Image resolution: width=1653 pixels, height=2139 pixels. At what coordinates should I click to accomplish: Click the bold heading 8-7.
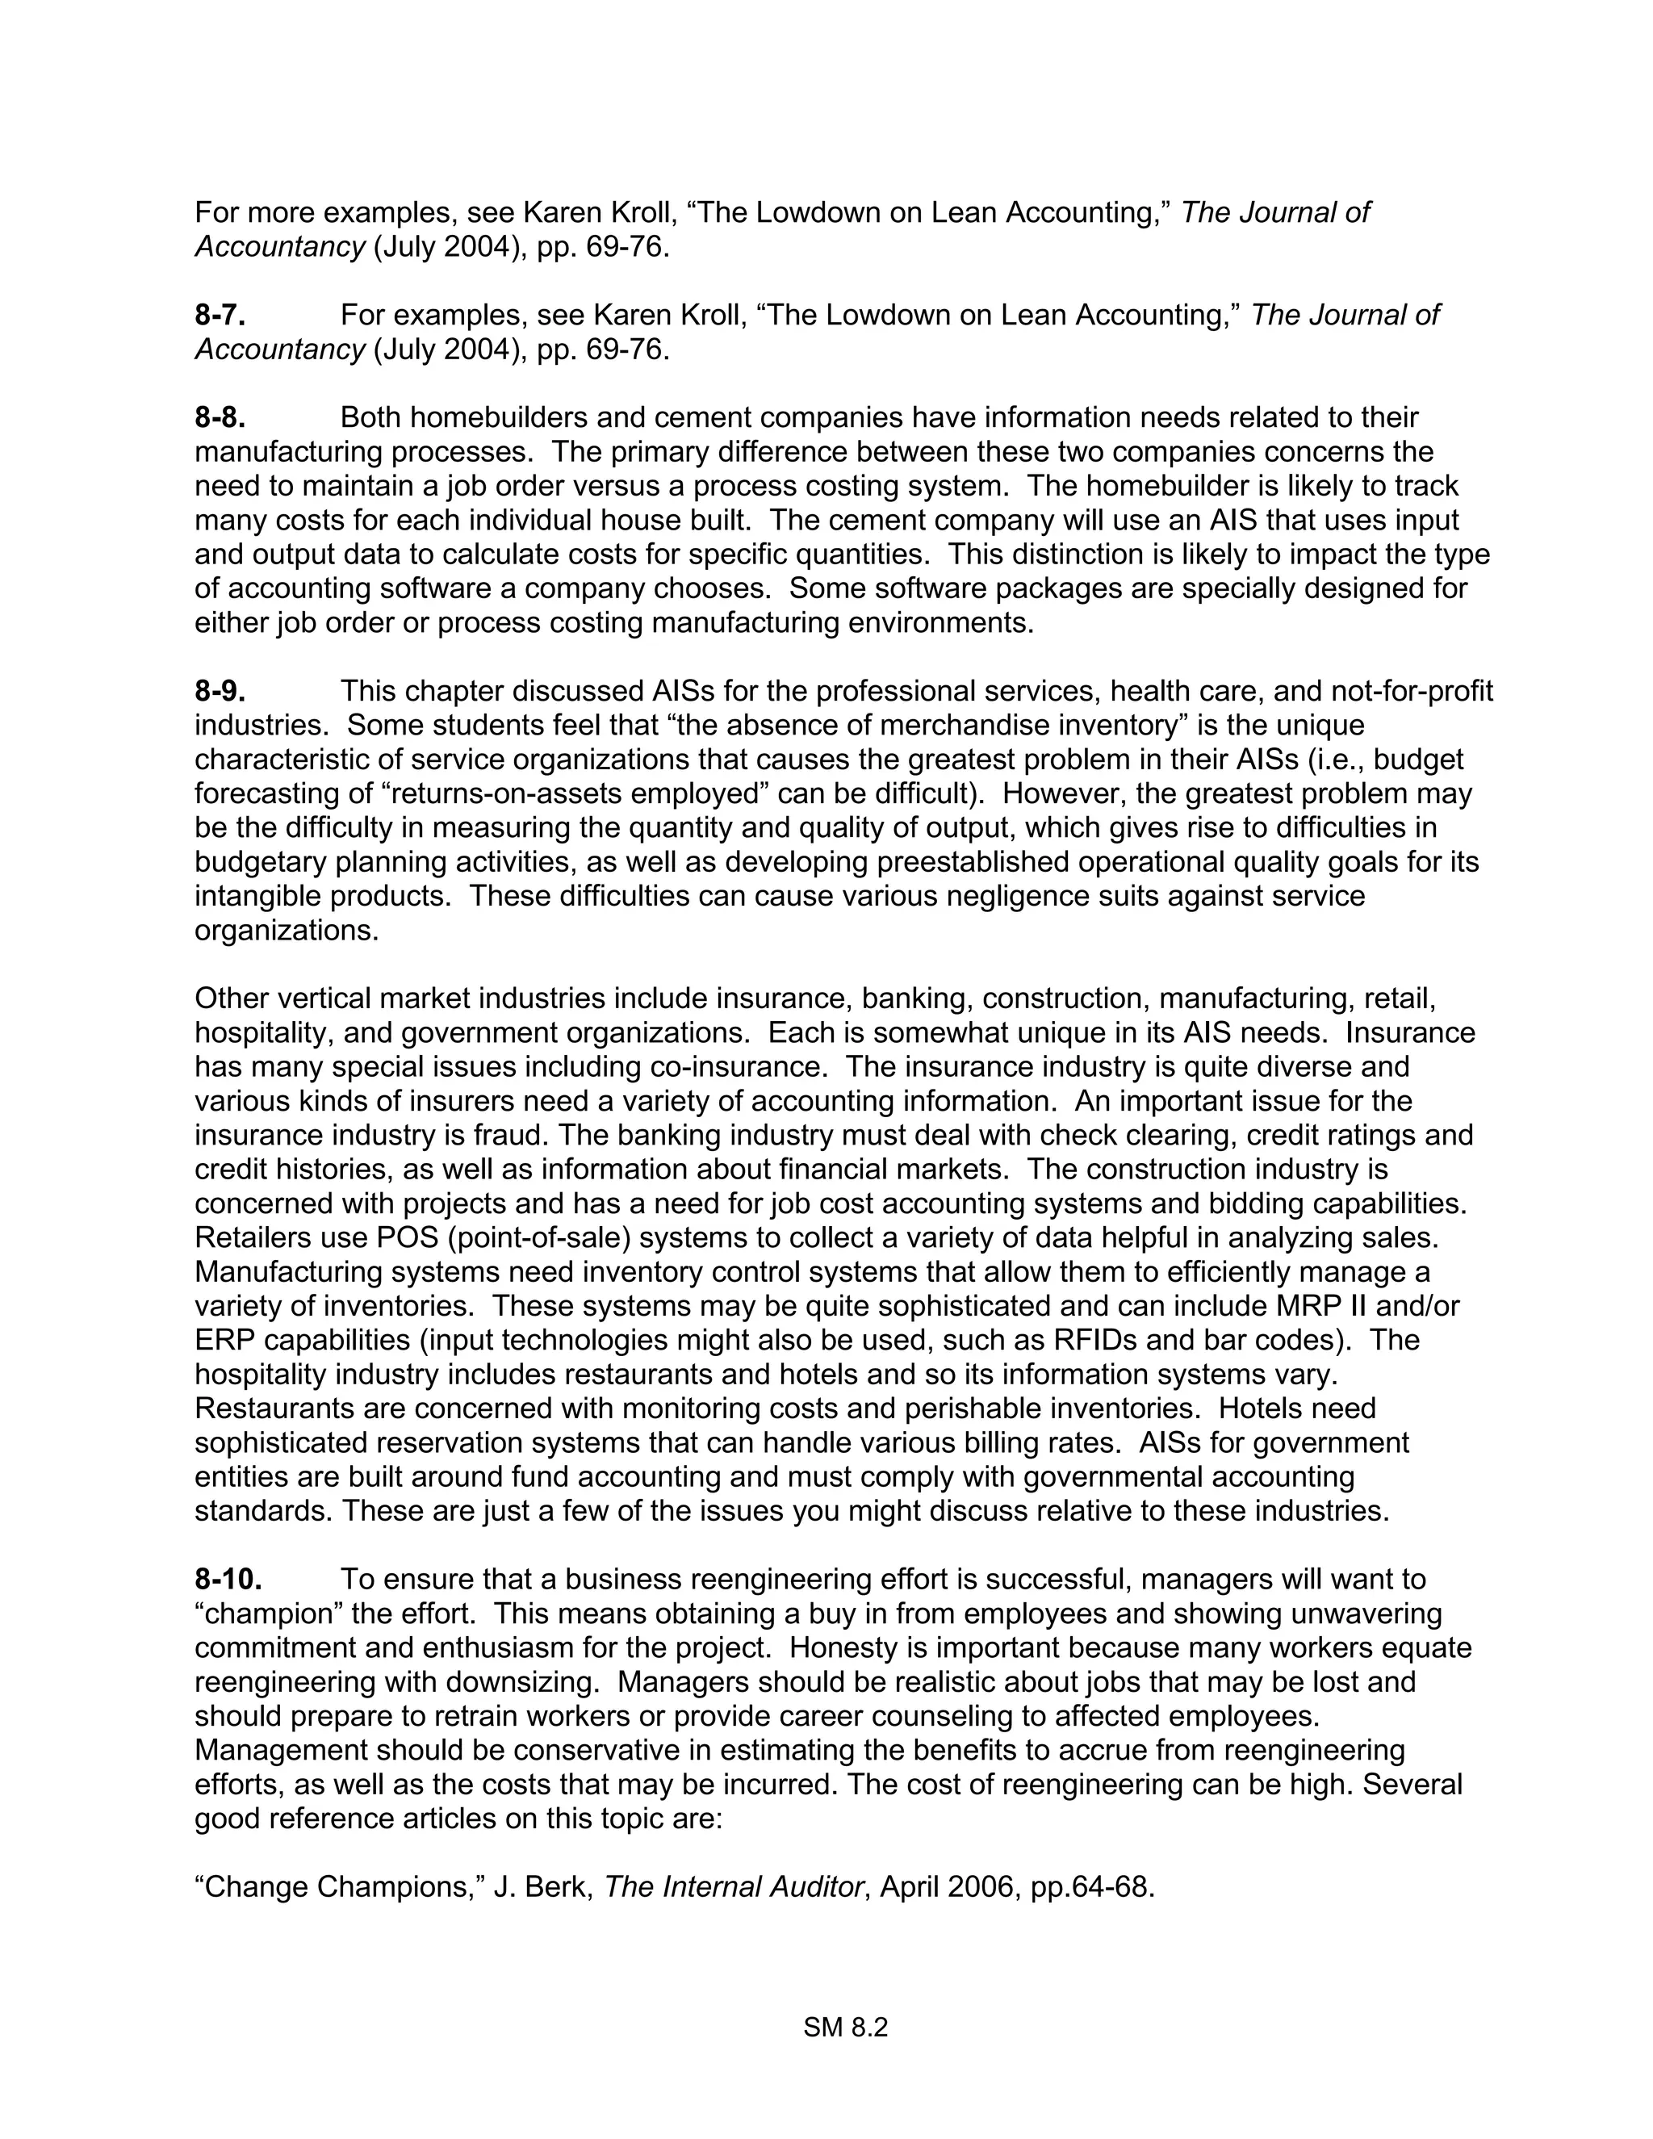click(220, 316)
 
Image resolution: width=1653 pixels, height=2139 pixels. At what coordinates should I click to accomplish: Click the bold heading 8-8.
click(220, 418)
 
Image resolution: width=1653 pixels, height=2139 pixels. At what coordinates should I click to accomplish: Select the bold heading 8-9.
click(220, 692)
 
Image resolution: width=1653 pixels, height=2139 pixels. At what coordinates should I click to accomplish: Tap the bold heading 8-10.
click(228, 1580)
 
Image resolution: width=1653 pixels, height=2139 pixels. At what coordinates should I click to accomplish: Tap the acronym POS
click(408, 1238)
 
